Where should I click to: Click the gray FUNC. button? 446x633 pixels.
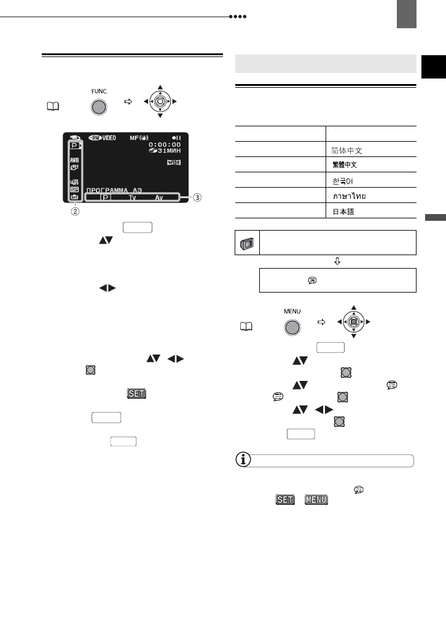click(98, 106)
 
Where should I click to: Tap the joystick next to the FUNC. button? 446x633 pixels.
click(160, 100)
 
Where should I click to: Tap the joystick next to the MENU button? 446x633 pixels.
click(353, 321)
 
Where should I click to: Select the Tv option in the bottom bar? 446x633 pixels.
click(133, 198)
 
